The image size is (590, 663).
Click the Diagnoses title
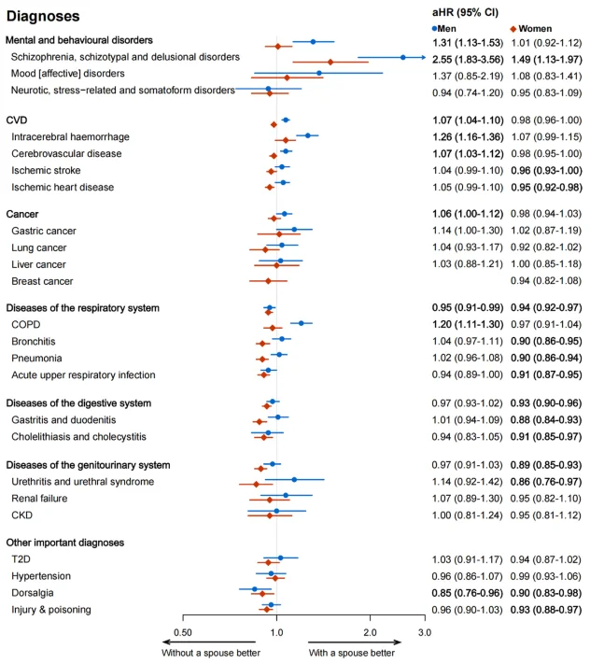42,17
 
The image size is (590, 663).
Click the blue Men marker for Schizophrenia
402,57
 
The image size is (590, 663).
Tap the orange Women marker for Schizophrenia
330,62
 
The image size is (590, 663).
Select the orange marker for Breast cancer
268,281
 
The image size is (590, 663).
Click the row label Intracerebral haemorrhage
70,136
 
